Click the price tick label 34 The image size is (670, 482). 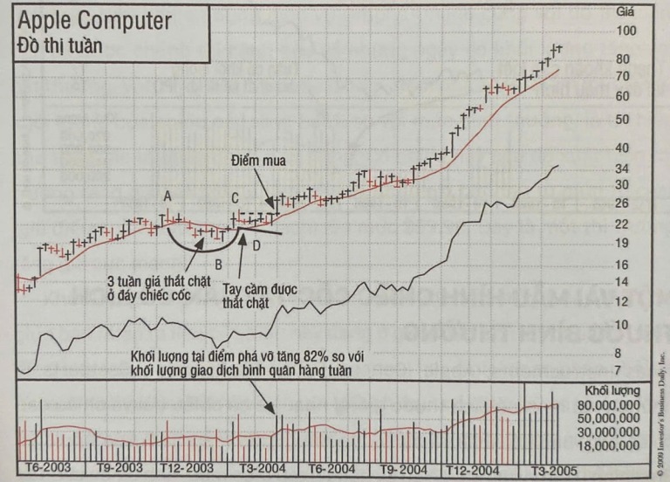(x=621, y=168)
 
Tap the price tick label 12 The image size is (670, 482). (x=621, y=301)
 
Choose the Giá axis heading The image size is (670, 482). (x=625, y=12)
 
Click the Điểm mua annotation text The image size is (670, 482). (x=258, y=162)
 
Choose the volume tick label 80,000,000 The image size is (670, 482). (x=612, y=405)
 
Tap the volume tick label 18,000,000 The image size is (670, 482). (x=612, y=446)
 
